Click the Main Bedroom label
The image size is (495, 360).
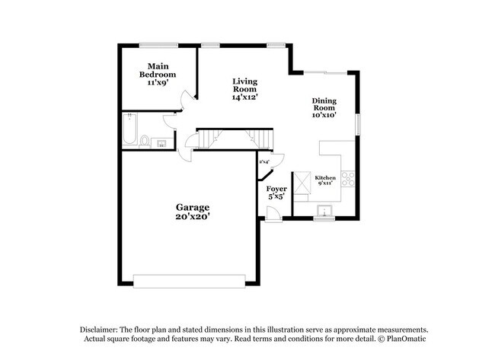[158, 71]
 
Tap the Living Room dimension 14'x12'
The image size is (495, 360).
[244, 97]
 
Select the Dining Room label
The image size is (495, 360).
[324, 104]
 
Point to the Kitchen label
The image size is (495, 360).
[326, 177]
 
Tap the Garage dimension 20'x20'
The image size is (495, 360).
[193, 216]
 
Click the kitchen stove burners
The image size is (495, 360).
[347, 179]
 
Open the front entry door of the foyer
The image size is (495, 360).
[273, 219]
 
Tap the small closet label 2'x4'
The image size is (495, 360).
[264, 161]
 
